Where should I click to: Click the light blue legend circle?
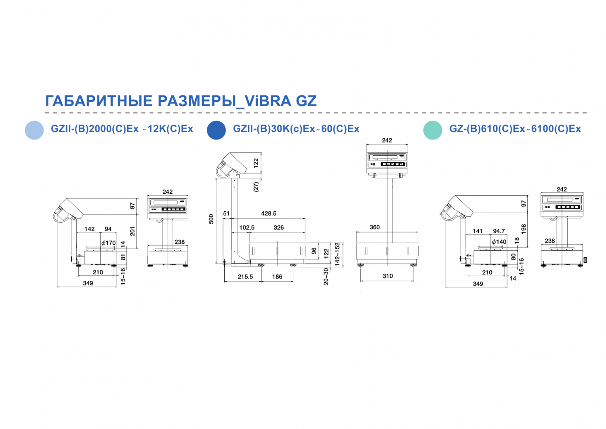pos(34,130)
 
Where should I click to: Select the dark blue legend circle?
pos(217,130)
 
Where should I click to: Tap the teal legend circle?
pos(433,130)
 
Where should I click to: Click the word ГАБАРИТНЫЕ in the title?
pos(99,101)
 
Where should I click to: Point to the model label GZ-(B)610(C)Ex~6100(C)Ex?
pos(515,129)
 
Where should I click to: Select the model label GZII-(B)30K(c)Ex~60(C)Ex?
pos(296,129)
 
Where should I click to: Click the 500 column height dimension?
pos(211,219)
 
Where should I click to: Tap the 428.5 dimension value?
pos(269,213)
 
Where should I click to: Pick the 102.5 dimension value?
pos(247,228)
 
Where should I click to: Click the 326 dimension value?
pos(279,228)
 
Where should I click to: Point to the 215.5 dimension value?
pos(245,277)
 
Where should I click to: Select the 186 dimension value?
pos(277,277)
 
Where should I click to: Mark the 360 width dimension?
pos(375,227)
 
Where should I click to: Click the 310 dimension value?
pos(388,276)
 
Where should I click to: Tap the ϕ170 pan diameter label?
pos(109,243)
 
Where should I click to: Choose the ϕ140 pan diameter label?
pos(499,241)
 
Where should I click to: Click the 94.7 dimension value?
pos(499,231)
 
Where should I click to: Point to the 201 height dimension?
pos(132,231)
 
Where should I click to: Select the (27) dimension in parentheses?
pos(256,187)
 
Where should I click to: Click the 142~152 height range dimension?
pos(337,254)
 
